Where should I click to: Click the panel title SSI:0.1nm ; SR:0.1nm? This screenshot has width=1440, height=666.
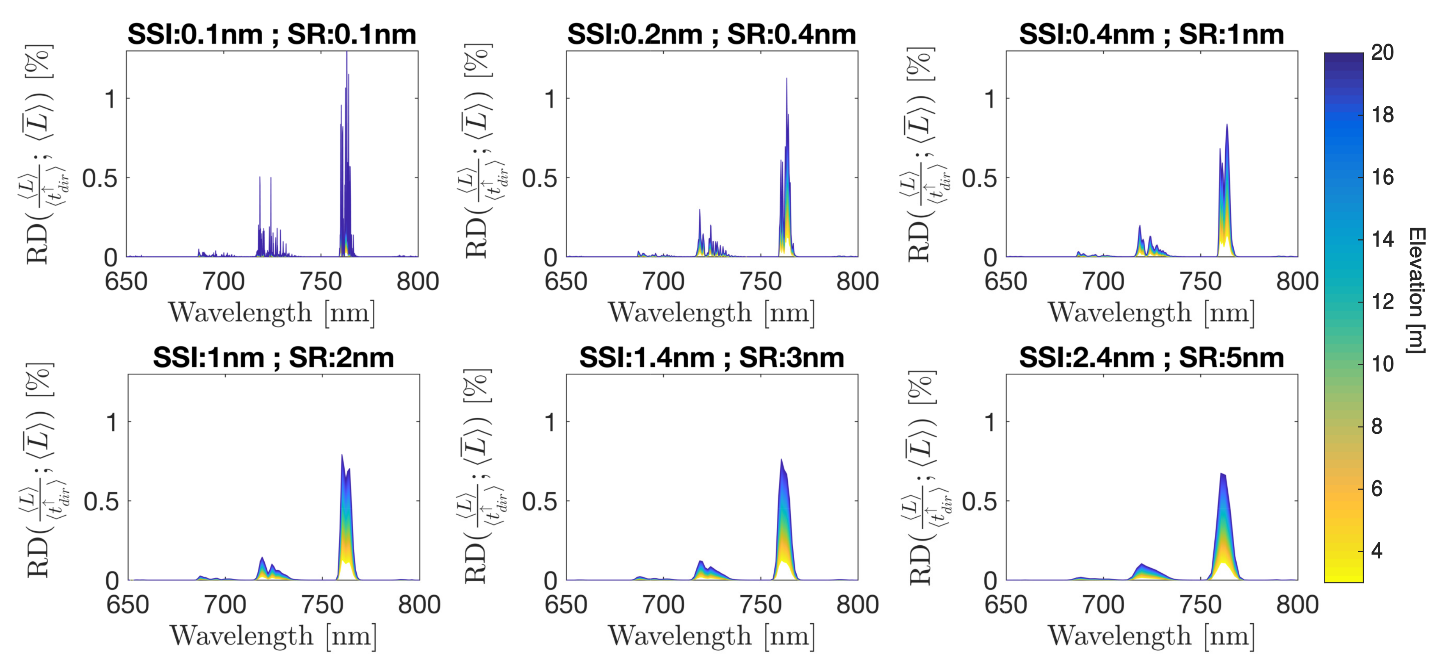click(x=271, y=35)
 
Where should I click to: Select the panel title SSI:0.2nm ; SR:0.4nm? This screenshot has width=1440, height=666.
click(x=712, y=35)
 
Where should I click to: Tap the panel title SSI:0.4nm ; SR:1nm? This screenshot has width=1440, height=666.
click(x=1152, y=35)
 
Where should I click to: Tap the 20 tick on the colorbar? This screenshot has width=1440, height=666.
click(x=1382, y=53)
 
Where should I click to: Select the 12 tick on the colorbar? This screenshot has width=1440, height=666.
click(x=1382, y=302)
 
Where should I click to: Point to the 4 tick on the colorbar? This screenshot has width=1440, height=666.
click(x=1376, y=551)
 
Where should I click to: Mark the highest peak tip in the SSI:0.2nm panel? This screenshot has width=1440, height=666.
click(x=786, y=79)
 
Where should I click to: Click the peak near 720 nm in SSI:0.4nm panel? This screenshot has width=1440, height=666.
click(x=1139, y=227)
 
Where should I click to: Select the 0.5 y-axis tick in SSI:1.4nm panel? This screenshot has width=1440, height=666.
click(x=540, y=502)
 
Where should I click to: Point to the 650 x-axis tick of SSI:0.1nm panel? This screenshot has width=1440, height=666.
click(x=126, y=281)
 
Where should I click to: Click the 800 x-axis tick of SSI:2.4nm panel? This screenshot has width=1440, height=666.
click(x=1297, y=605)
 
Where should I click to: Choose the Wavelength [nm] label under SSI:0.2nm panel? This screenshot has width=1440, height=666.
click(x=712, y=313)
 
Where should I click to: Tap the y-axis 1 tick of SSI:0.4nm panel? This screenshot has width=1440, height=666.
click(x=990, y=99)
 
